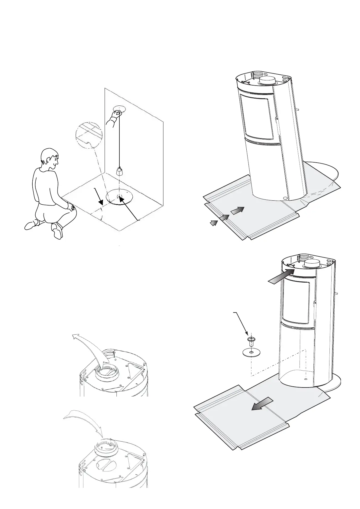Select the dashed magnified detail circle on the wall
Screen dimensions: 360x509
89,135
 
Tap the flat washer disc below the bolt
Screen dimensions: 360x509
251,352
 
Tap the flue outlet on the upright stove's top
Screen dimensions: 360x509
312,264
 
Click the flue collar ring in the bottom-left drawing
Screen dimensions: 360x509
105,446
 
